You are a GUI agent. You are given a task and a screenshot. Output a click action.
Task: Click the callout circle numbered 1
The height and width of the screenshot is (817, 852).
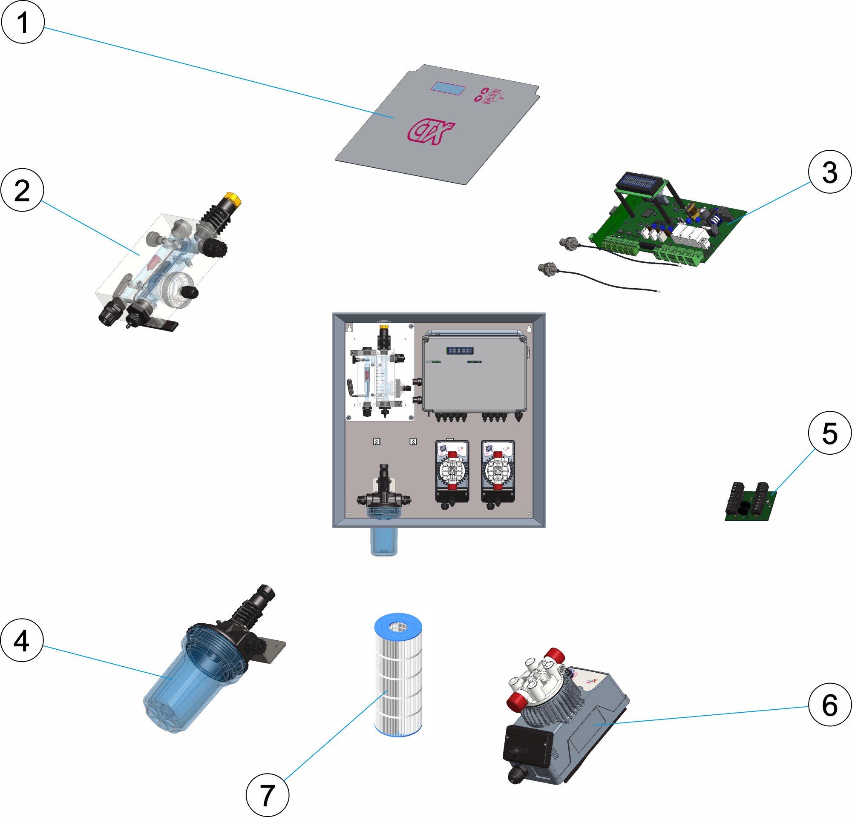click(23, 22)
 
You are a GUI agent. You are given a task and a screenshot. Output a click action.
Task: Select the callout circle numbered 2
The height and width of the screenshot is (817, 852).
click(22, 190)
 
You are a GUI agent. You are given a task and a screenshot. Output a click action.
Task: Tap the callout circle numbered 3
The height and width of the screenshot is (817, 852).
click(829, 172)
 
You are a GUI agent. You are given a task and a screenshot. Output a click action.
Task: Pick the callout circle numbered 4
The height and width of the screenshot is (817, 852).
click(22, 640)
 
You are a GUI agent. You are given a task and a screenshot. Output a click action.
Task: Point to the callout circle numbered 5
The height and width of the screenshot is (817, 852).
click(829, 433)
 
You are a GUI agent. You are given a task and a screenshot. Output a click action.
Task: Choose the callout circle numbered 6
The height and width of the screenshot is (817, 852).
click(829, 704)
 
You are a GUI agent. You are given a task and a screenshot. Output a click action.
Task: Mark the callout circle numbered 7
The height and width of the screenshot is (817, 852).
click(268, 795)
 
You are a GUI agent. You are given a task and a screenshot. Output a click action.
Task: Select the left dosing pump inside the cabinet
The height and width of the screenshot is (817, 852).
click(452, 474)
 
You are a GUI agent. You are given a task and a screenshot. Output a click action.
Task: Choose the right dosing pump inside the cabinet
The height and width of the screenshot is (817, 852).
click(498, 474)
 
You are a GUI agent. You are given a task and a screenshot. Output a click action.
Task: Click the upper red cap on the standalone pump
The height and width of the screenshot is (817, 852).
click(555, 655)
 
